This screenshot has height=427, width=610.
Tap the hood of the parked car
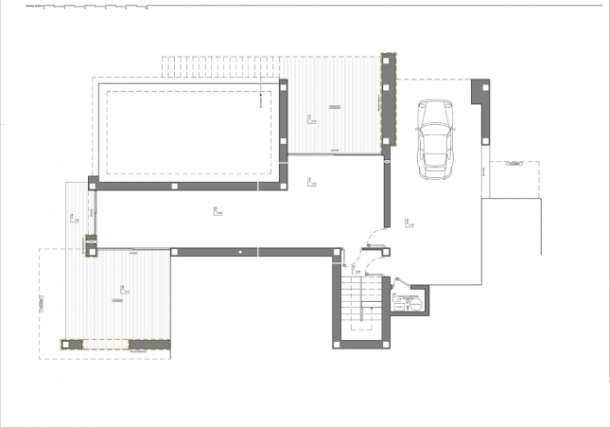[434, 160]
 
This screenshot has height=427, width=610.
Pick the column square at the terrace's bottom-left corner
[65, 346]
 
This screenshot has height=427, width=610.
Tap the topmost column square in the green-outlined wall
[386, 62]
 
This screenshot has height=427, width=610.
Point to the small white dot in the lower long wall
[241, 252]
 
